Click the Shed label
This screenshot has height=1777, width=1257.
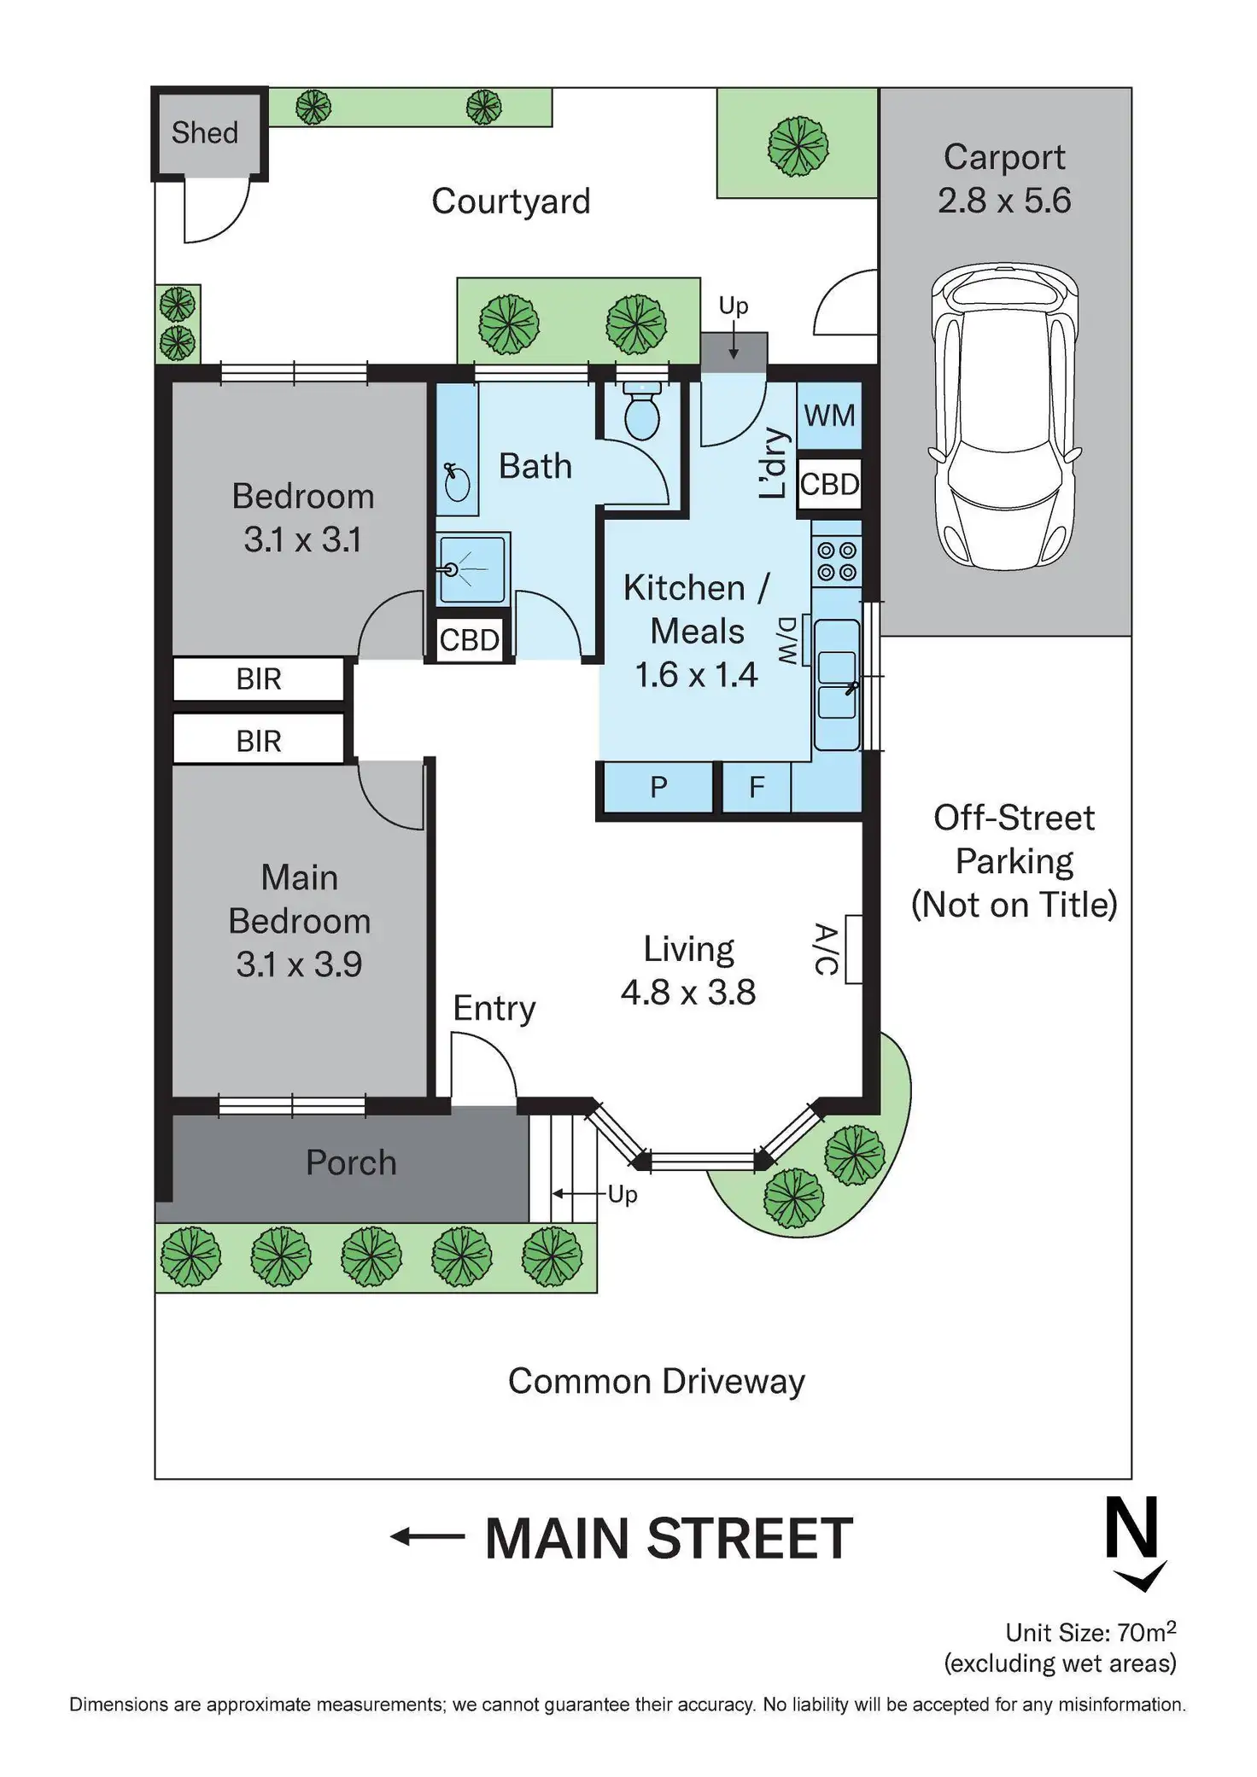coord(205,133)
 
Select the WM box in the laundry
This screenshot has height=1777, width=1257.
coord(829,416)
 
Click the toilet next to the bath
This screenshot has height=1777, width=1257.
coord(641,411)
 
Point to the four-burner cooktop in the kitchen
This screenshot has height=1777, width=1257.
coord(837,562)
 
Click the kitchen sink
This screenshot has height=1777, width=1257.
coord(837,683)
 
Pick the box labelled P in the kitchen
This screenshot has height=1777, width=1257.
coord(658,787)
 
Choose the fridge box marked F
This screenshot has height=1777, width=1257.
coord(757,787)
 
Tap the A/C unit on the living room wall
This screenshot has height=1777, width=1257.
coord(852,949)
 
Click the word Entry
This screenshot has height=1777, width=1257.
coord(494,1009)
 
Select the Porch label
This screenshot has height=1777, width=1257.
coord(351,1163)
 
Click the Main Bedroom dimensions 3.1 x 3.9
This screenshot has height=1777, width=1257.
coord(299,965)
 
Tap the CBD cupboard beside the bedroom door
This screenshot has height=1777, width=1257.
coord(469,640)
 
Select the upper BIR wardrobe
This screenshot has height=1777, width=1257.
coord(259,679)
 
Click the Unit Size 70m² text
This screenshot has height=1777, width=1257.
coord(1090,1633)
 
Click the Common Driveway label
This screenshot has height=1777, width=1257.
coord(656,1382)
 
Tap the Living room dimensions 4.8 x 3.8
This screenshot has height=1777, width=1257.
coord(688,993)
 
